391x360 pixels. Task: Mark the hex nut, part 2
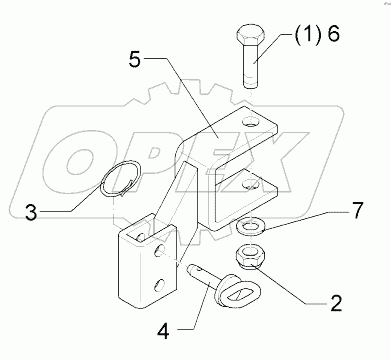(249, 257)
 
